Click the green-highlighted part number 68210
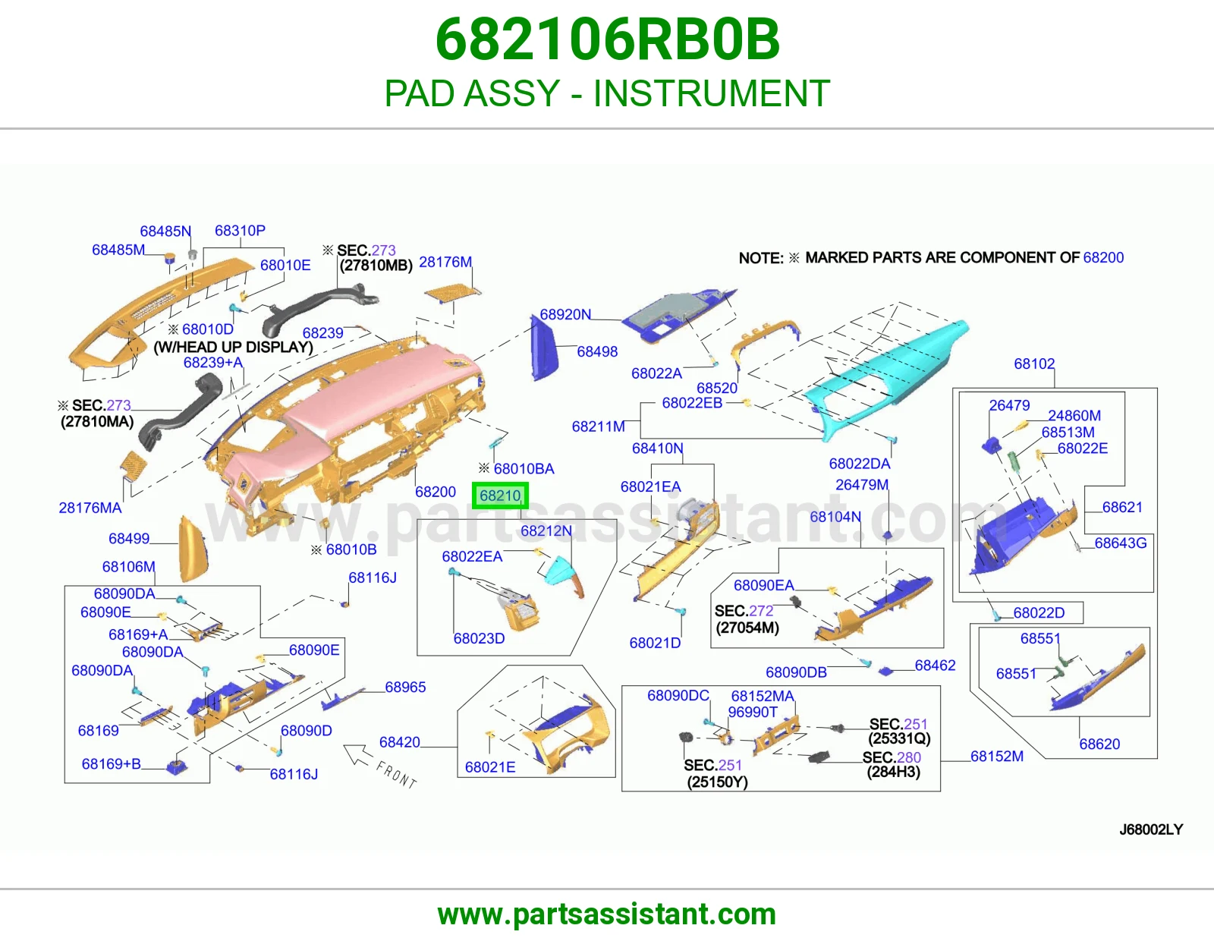pyautogui.click(x=500, y=496)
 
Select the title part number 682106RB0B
pyautogui.click(x=607, y=39)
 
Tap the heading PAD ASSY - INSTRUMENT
pyautogui.click(x=607, y=93)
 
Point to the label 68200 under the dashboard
pyautogui.click(x=436, y=492)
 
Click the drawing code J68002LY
pyautogui.click(x=1151, y=829)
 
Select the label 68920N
pyautogui.click(x=565, y=315)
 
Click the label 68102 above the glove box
pyautogui.click(x=1034, y=363)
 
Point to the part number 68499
pyautogui.click(x=129, y=538)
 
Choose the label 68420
pyautogui.click(x=399, y=742)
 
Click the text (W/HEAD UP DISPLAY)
pyautogui.click(x=233, y=347)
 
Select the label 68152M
pyautogui.click(x=997, y=756)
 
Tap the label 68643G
pyautogui.click(x=1120, y=543)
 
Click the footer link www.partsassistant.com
pyautogui.click(x=607, y=914)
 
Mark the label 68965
pyautogui.click(x=405, y=687)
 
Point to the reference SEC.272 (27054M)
pyautogui.click(x=747, y=619)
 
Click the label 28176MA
pyautogui.click(x=90, y=508)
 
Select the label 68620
pyautogui.click(x=1099, y=744)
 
